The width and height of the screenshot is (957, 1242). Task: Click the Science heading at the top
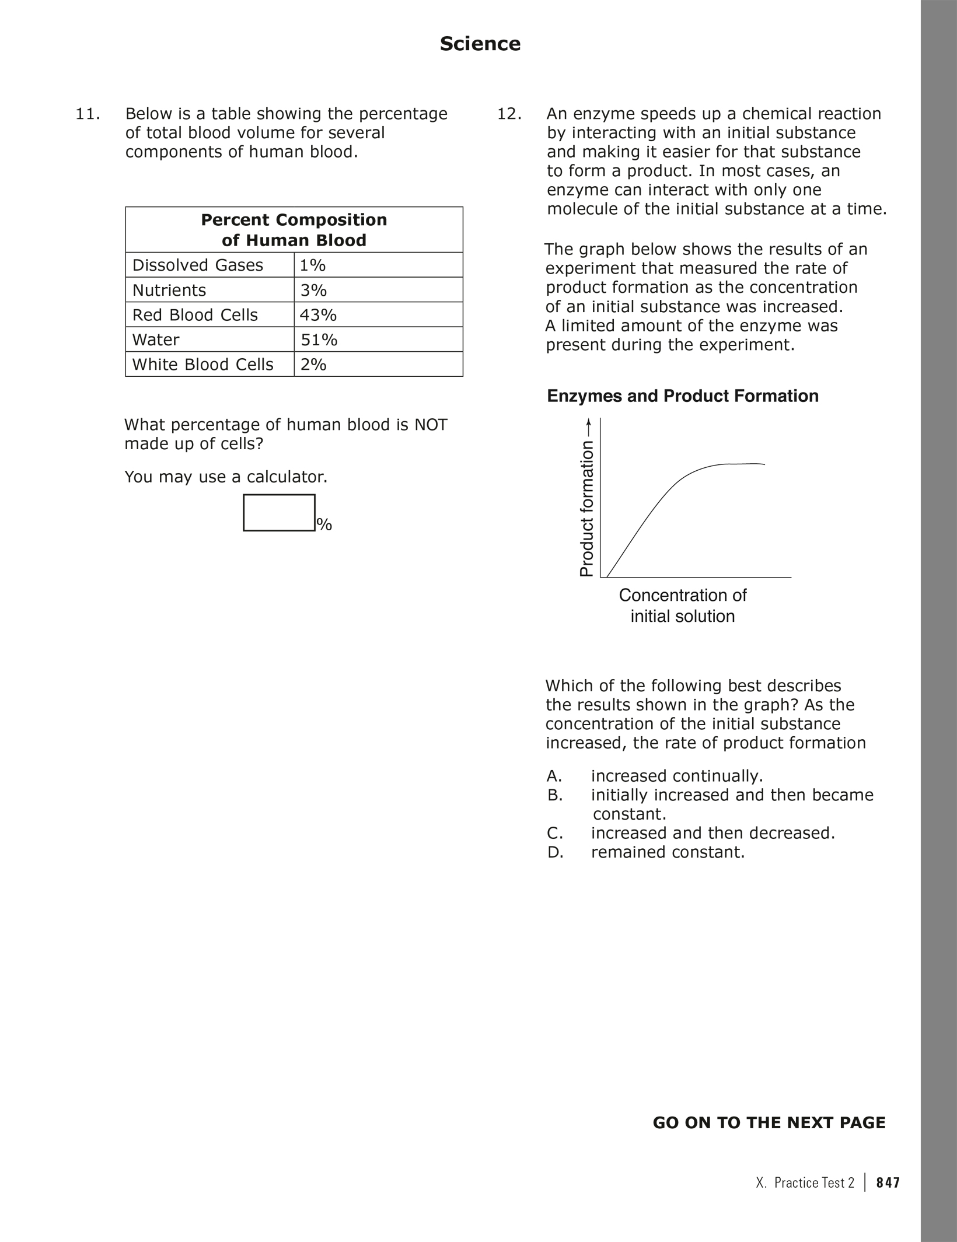pos(480,44)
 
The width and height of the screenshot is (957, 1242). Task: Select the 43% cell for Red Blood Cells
pos(318,315)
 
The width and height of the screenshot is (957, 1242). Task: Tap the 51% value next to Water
pos(319,340)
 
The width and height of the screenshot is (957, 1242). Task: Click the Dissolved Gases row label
pos(197,265)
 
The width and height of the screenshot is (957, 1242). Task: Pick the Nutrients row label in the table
pos(169,291)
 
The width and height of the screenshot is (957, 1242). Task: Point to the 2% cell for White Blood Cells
pos(313,365)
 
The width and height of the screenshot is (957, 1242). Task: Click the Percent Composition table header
pos(294,230)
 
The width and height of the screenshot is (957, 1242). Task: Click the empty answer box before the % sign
pos(279,513)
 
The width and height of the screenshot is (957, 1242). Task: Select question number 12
pos(509,114)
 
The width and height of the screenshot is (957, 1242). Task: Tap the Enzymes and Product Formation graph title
pos(682,396)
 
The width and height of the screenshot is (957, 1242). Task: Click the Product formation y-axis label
pos(586,508)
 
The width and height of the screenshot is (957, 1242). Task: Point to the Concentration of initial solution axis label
pos(682,606)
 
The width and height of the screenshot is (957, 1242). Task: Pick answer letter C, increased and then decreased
pos(554,833)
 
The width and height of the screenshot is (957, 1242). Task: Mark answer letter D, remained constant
pos(554,852)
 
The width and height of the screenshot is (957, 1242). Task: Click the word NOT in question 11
pos(431,425)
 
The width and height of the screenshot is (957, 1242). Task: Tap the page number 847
pos(888,1182)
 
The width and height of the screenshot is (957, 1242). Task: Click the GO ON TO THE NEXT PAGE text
pos(769,1123)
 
